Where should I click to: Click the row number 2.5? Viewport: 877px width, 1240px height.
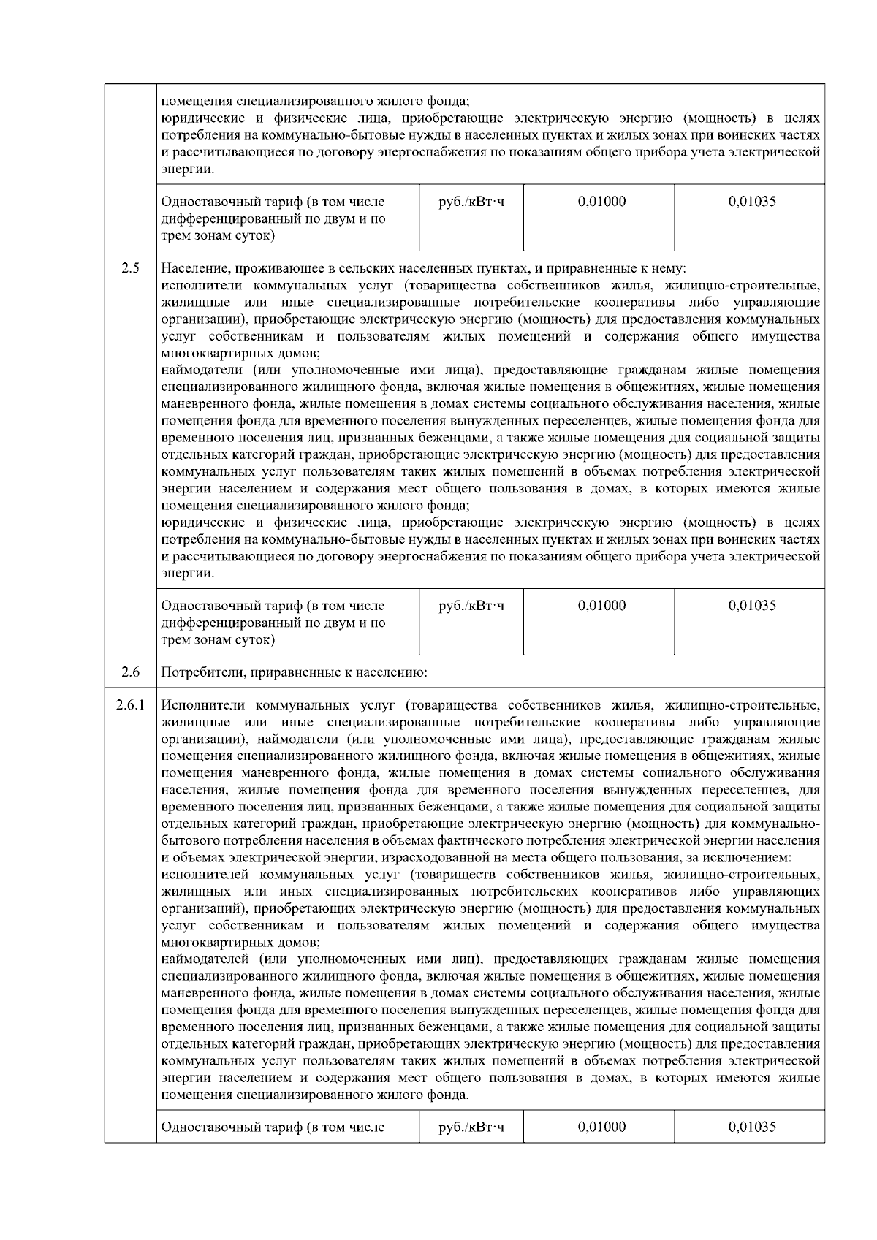tap(130, 268)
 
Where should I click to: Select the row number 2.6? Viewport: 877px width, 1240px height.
tap(130, 672)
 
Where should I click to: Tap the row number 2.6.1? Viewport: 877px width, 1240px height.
tap(130, 706)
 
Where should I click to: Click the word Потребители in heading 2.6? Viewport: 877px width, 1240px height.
tap(197, 672)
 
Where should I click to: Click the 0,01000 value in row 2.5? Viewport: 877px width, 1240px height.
tap(601, 606)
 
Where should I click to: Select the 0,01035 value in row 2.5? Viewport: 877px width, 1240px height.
tap(751, 606)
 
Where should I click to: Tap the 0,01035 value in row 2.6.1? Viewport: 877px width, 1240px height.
tap(751, 1127)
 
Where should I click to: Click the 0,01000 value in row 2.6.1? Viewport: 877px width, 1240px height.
tap(601, 1127)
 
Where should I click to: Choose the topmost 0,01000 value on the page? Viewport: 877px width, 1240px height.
tap(601, 202)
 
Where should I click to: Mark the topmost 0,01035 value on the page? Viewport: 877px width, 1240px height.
tap(751, 202)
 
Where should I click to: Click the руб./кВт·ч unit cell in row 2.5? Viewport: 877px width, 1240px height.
tap(471, 606)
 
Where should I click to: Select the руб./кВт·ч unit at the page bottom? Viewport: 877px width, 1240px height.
tap(471, 1127)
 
